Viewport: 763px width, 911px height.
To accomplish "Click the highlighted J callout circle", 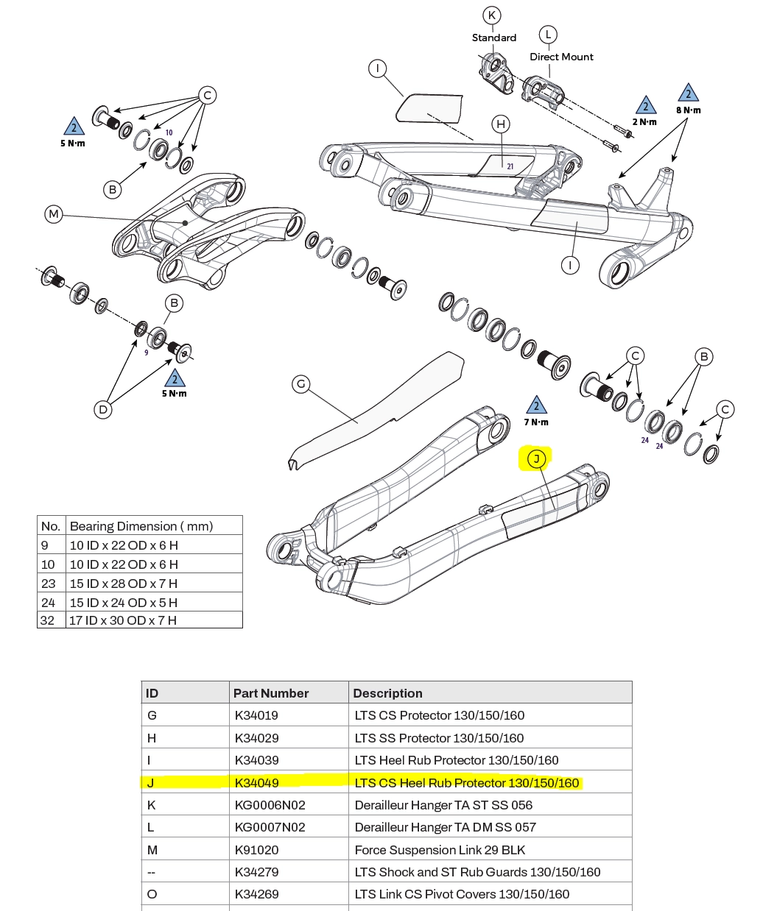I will click(x=536, y=459).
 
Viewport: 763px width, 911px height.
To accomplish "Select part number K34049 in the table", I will click(x=256, y=783).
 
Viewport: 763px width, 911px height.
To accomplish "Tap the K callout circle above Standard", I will click(x=491, y=15).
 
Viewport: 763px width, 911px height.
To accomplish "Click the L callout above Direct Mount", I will click(x=547, y=35).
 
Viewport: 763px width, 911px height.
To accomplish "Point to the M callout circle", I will click(x=53, y=214).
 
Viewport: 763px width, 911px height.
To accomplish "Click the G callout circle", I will click(x=300, y=383).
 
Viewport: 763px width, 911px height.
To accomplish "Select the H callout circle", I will click(x=501, y=124).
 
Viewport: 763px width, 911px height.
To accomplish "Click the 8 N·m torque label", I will click(x=689, y=110).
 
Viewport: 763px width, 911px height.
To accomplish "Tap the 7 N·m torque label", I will click(x=536, y=422).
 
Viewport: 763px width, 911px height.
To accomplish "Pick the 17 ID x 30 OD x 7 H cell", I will click(x=123, y=620).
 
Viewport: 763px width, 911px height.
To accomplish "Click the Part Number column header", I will click(x=270, y=693).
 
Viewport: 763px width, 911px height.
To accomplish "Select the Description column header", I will click(x=387, y=693).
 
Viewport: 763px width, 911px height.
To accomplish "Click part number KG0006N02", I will click(x=270, y=805).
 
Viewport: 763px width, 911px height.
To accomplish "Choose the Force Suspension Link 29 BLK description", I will click(x=440, y=850).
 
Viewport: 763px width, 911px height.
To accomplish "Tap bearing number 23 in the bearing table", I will click(x=49, y=584).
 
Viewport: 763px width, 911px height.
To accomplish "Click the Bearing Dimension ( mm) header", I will click(x=141, y=526).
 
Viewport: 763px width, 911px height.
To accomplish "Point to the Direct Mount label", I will click(x=561, y=57).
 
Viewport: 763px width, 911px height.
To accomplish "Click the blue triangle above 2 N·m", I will click(x=645, y=106).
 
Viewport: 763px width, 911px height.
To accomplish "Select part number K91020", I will click(x=256, y=850).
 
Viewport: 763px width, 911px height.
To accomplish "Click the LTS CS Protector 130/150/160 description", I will click(x=439, y=715).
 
